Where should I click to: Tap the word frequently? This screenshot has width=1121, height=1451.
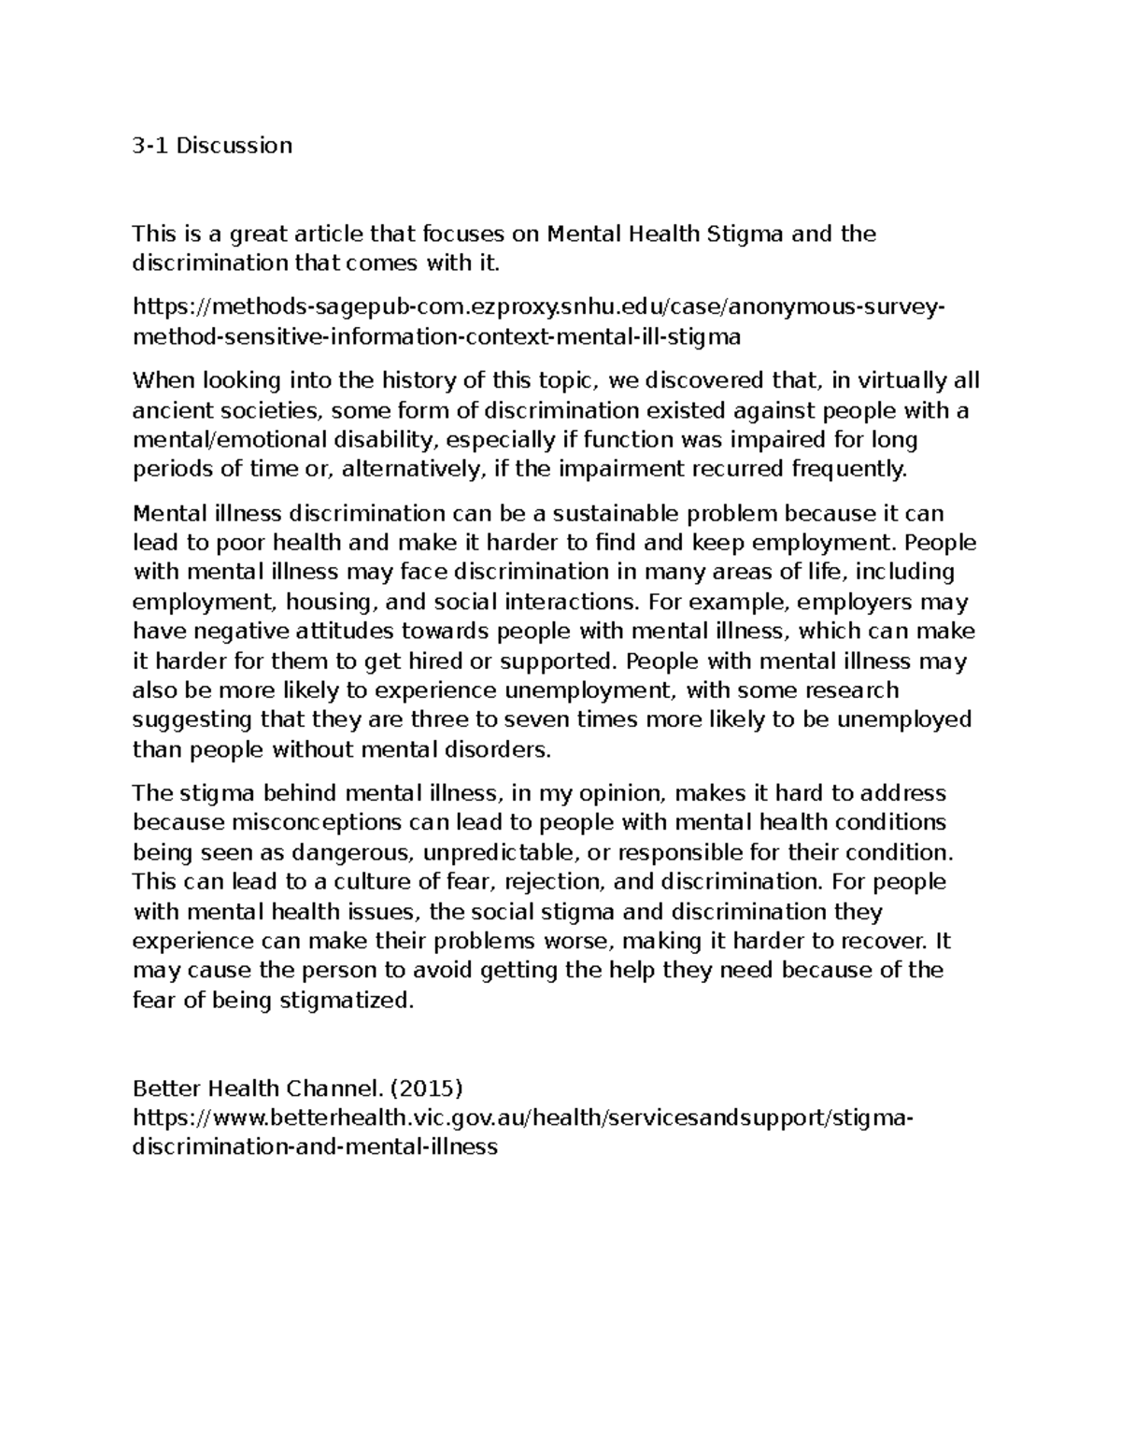pos(849,469)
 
